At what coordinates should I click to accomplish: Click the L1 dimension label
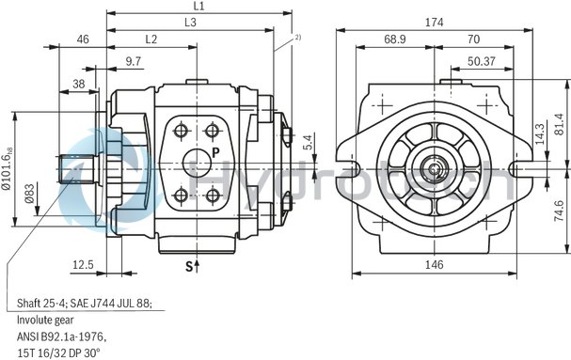(198, 7)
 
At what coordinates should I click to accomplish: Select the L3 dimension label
(191, 22)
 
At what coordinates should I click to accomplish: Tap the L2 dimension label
(151, 39)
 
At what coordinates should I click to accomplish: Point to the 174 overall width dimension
(434, 22)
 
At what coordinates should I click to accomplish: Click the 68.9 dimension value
(395, 39)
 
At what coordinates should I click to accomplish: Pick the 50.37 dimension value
(482, 61)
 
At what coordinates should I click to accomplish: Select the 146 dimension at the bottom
(434, 266)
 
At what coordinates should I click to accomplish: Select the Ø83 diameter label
(29, 192)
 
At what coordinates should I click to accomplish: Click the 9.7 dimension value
(134, 61)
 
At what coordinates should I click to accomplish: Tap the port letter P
(215, 151)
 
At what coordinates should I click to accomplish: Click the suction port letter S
(188, 268)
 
